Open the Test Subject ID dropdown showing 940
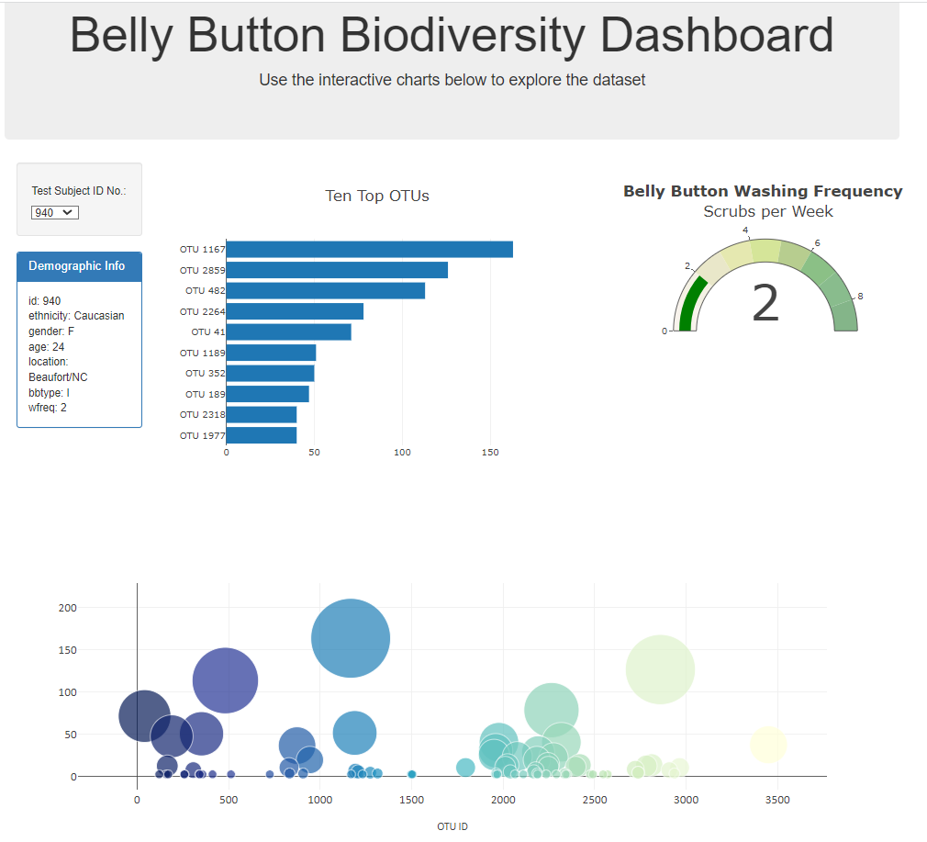pyautogui.click(x=55, y=212)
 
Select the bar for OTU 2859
pyautogui.click(x=337, y=270)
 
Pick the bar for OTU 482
pyautogui.click(x=325, y=291)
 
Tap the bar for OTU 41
pyautogui.click(x=288, y=331)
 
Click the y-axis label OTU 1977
pyautogui.click(x=202, y=436)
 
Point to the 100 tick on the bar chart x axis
pyautogui.click(x=402, y=453)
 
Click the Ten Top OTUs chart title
pyautogui.click(x=376, y=196)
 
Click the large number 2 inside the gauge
pyautogui.click(x=765, y=304)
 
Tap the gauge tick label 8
pyautogui.click(x=859, y=296)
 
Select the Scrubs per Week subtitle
pyautogui.click(x=767, y=211)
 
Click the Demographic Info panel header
pyautogui.click(x=77, y=266)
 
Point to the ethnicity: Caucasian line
pyautogui.click(x=76, y=316)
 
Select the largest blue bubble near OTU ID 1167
pyautogui.click(x=351, y=637)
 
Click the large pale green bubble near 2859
pyautogui.click(x=660, y=668)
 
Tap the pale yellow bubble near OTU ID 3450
pyautogui.click(x=768, y=744)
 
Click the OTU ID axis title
pyautogui.click(x=452, y=826)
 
